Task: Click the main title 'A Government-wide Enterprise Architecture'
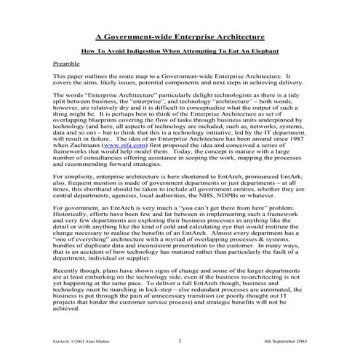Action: [180, 36]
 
